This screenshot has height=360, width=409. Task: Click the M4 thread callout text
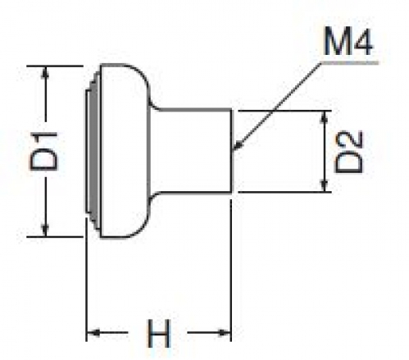(x=348, y=42)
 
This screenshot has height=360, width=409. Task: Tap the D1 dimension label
(x=44, y=152)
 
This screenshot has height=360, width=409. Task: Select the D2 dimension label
(x=349, y=152)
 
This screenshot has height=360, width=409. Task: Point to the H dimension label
(x=159, y=333)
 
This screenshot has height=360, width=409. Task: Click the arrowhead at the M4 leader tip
(x=237, y=146)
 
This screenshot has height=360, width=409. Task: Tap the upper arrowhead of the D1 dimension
(x=45, y=72)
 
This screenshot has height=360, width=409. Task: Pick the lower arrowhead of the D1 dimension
(x=45, y=230)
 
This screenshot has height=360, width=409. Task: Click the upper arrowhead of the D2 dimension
(x=324, y=117)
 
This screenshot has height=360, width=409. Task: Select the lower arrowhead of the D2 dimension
(x=324, y=185)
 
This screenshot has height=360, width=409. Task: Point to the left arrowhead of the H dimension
(x=93, y=333)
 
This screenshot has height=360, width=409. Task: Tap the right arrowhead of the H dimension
(x=225, y=333)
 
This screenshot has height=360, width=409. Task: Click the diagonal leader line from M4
(x=277, y=106)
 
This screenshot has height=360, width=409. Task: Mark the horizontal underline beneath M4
(x=350, y=63)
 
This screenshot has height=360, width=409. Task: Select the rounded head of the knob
(x=125, y=151)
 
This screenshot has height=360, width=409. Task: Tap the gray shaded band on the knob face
(x=93, y=151)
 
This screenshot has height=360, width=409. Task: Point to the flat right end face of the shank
(x=231, y=151)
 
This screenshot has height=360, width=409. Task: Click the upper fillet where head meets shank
(x=153, y=105)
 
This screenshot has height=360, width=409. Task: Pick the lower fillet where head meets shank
(x=153, y=198)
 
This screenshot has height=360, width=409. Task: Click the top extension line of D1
(x=55, y=66)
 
